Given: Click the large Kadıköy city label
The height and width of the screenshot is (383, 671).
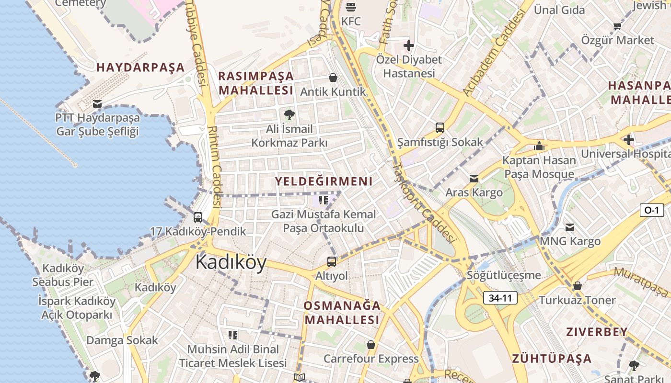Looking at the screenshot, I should pyautogui.click(x=231, y=262).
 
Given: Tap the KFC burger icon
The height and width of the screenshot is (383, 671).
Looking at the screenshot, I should pyautogui.click(x=351, y=7).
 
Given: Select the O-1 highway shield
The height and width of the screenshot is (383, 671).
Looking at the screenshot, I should pyautogui.click(x=651, y=210).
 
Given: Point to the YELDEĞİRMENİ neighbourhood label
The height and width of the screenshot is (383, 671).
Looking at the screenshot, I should pyautogui.click(x=324, y=181).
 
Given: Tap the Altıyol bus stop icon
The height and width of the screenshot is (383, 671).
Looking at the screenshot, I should pyautogui.click(x=332, y=262).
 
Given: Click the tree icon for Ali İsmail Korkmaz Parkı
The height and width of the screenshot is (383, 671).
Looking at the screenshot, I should pyautogui.click(x=289, y=114).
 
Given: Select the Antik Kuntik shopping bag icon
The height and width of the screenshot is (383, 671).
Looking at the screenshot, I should pyautogui.click(x=333, y=78).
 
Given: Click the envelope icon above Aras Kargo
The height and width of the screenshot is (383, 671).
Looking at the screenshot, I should pyautogui.click(x=474, y=179).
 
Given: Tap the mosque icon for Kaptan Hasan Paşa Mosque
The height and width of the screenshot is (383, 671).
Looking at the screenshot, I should pyautogui.click(x=539, y=146).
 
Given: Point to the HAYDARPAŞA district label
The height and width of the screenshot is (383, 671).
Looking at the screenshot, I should pyautogui.click(x=140, y=68).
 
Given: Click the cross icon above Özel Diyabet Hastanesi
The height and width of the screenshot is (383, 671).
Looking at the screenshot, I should pyautogui.click(x=408, y=45).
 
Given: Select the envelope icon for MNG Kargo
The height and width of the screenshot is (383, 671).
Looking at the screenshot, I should pyautogui.click(x=570, y=227).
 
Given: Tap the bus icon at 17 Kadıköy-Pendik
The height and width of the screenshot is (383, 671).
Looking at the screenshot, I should pyautogui.click(x=198, y=217).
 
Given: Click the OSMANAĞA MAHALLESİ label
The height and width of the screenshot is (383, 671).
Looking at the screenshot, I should pyautogui.click(x=342, y=313).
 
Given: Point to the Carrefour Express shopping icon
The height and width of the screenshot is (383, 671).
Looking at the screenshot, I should pyautogui.click(x=371, y=345).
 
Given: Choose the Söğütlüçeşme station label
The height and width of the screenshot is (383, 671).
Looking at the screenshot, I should pyautogui.click(x=504, y=275).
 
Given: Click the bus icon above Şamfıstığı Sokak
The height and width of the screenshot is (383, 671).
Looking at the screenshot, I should pyautogui.click(x=440, y=128).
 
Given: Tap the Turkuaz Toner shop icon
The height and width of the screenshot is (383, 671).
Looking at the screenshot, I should pyautogui.click(x=578, y=286).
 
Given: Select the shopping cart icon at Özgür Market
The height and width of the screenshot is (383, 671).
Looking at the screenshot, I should pyautogui.click(x=617, y=26).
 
